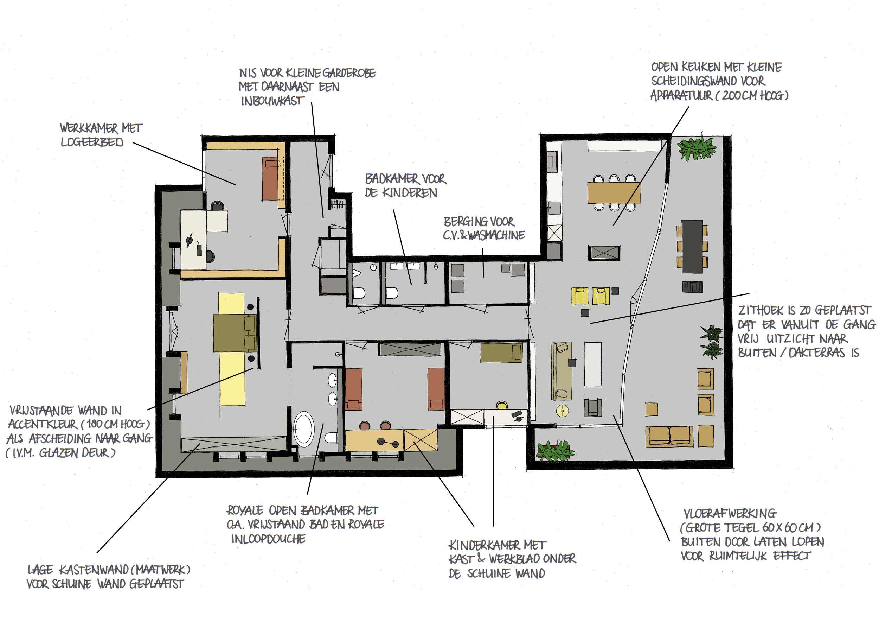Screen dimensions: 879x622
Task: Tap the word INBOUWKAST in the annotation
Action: tap(272, 101)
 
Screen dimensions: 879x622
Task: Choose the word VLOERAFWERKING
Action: tap(730, 514)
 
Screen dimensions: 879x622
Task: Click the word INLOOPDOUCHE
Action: tap(268, 539)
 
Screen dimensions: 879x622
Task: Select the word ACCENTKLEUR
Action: tap(43, 424)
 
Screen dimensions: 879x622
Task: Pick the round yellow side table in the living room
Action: tap(563, 411)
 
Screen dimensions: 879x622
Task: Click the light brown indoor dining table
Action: tap(614, 193)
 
